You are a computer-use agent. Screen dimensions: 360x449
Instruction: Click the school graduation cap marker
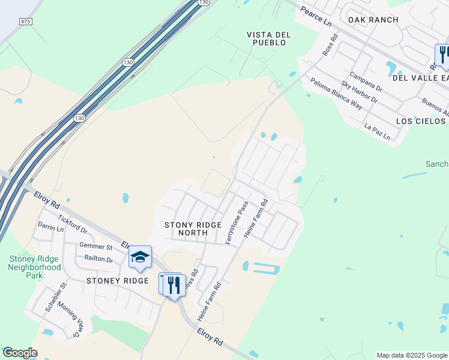pyautogui.click(x=140, y=257)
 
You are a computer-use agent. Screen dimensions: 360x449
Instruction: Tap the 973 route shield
pyautogui.click(x=26, y=22)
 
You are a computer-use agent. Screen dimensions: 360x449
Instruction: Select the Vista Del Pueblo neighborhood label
pyautogui.click(x=269, y=39)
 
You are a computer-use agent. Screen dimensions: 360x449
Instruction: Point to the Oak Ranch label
pyautogui.click(x=373, y=20)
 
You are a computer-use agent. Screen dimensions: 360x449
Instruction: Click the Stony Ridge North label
pyautogui.click(x=193, y=229)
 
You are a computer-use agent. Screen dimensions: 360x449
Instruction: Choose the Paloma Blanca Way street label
pyautogui.click(x=336, y=94)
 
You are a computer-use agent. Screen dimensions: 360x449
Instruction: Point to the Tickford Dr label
pyautogui.click(x=73, y=226)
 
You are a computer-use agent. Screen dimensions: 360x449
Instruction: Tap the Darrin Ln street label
pyautogui.click(x=50, y=228)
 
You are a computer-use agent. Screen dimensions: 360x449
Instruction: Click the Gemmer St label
pyautogui.click(x=96, y=247)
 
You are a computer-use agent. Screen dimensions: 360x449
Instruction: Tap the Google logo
pyautogui.click(x=20, y=353)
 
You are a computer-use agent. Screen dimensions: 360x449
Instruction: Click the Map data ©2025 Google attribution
pyautogui.click(x=411, y=355)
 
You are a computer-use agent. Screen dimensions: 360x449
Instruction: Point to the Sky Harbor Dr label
pyautogui.click(x=358, y=92)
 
